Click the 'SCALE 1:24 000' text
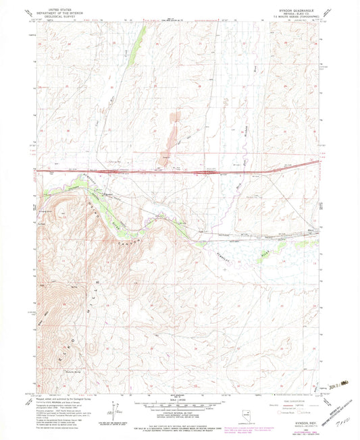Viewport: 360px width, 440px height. tap(179, 400)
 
